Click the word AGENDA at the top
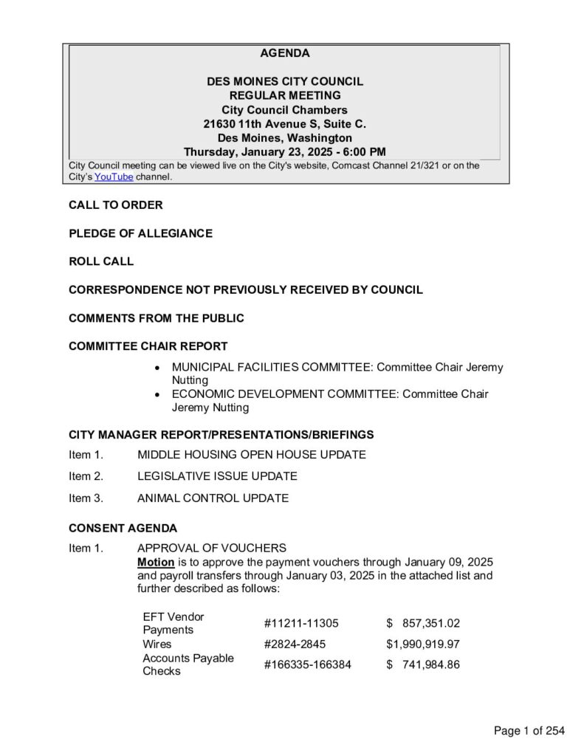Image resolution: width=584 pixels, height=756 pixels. [284, 54]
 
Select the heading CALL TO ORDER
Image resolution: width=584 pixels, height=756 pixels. [116, 205]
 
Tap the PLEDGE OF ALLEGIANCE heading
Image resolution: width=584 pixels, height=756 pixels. [140, 233]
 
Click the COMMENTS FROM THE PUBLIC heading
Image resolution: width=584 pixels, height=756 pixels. [157, 318]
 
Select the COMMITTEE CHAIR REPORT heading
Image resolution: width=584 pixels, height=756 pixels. [148, 346]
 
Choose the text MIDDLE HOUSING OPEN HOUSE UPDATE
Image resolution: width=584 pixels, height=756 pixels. [251, 455]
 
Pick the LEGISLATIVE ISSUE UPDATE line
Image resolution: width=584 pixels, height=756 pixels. [217, 476]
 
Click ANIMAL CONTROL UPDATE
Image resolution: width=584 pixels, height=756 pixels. [213, 498]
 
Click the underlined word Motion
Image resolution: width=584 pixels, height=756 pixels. [155, 562]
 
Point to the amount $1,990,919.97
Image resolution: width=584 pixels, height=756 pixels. [423, 645]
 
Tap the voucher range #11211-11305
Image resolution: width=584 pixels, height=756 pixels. [301, 624]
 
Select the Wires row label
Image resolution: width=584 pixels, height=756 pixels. [157, 645]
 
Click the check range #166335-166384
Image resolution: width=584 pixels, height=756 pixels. [307, 665]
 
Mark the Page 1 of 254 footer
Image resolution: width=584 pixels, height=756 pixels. [529, 732]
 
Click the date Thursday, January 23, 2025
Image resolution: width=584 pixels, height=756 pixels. [244, 152]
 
